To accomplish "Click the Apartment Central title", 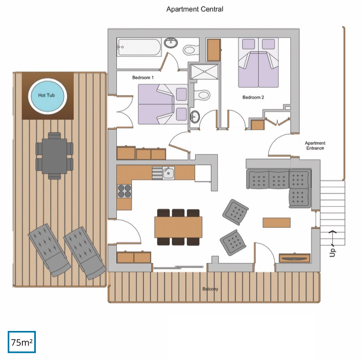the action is click(x=195, y=9).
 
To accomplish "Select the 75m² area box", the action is click(x=21, y=342).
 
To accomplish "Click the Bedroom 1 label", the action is click(x=143, y=77).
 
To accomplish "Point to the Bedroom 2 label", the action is click(x=253, y=97).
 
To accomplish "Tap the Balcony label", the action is click(x=210, y=289).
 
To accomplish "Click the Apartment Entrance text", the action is click(x=315, y=146).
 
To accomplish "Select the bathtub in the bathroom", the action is click(x=139, y=47).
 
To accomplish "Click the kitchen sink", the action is click(x=168, y=173).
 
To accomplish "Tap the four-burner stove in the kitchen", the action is click(x=124, y=191).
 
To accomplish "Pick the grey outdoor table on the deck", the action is click(x=54, y=156).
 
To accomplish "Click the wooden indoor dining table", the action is click(x=178, y=227).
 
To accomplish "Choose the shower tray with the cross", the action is click(x=204, y=72).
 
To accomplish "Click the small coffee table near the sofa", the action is click(x=276, y=223).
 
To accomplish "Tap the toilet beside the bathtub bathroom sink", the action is click(x=191, y=50).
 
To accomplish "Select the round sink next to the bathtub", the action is click(x=171, y=43).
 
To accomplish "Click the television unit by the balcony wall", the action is click(x=294, y=258).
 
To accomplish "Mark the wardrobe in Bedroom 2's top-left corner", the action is click(x=214, y=50).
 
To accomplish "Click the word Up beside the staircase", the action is click(x=332, y=252).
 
